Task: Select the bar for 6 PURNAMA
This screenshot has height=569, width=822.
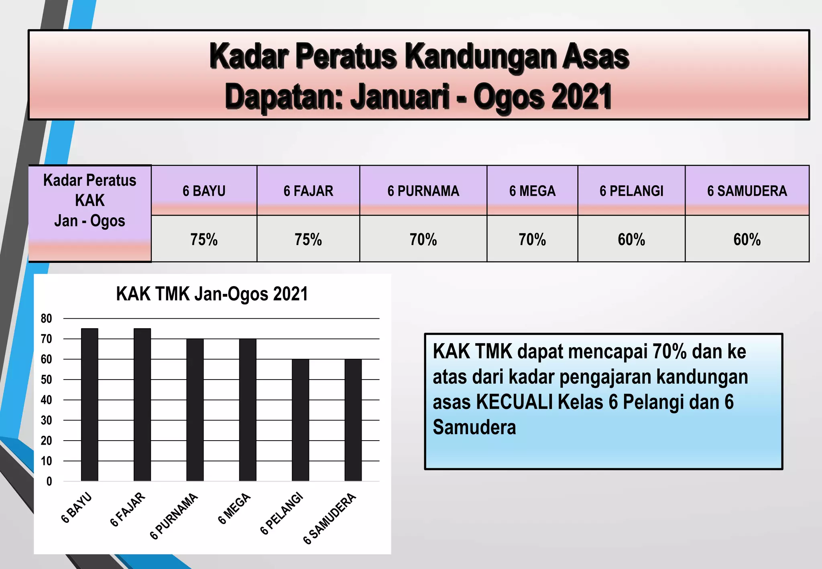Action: click(195, 410)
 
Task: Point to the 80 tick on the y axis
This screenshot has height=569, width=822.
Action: click(46, 319)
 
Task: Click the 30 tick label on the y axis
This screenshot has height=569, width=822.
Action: click(46, 420)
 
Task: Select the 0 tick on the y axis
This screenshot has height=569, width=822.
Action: click(49, 481)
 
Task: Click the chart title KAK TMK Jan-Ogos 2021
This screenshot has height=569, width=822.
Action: click(212, 294)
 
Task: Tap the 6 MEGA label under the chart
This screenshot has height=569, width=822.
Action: click(235, 508)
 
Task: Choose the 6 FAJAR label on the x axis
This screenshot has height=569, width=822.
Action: click(128, 509)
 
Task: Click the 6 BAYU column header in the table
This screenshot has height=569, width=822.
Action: click(204, 191)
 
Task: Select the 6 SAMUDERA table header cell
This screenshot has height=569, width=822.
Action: click(747, 191)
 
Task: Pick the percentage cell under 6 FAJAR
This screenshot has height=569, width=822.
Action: click(308, 240)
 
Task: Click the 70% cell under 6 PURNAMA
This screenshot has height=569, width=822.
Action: click(423, 240)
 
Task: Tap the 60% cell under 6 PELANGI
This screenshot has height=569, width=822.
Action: click(631, 240)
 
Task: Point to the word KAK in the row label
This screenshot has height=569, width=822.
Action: click(90, 200)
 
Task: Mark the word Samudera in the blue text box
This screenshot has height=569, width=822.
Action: click(474, 427)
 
